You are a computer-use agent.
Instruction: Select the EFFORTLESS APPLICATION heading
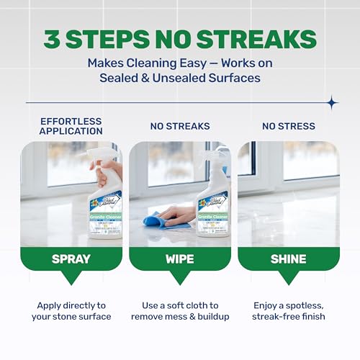click(x=71, y=126)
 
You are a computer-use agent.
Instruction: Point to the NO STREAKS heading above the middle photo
click(x=180, y=126)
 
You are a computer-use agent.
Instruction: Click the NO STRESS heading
click(x=288, y=126)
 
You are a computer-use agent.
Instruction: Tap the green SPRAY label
click(x=71, y=258)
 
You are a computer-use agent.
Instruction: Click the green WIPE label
click(x=180, y=258)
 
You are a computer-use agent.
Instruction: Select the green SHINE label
click(x=288, y=258)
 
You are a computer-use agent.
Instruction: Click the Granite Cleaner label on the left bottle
click(x=105, y=213)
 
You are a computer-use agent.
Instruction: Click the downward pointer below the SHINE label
click(x=288, y=278)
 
